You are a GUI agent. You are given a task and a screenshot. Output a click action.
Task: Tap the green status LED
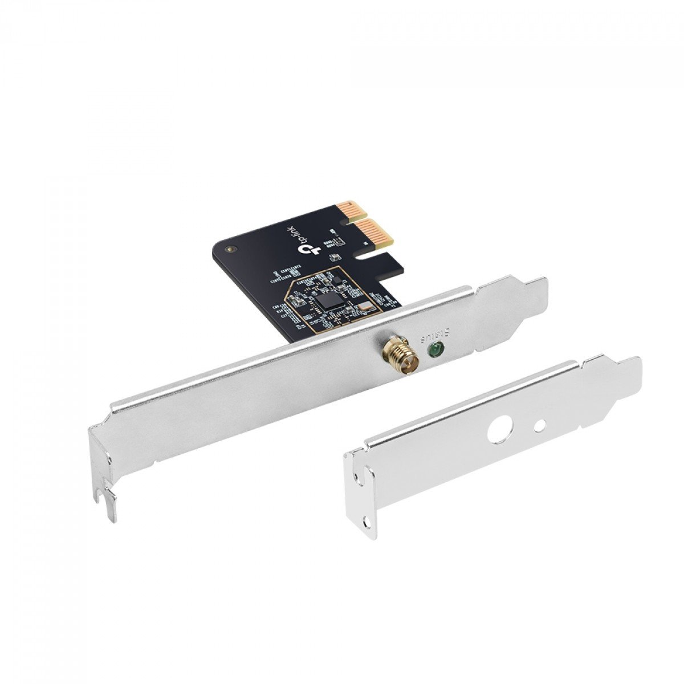point(435,350)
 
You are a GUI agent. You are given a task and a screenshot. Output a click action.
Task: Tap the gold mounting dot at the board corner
point(230,249)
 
